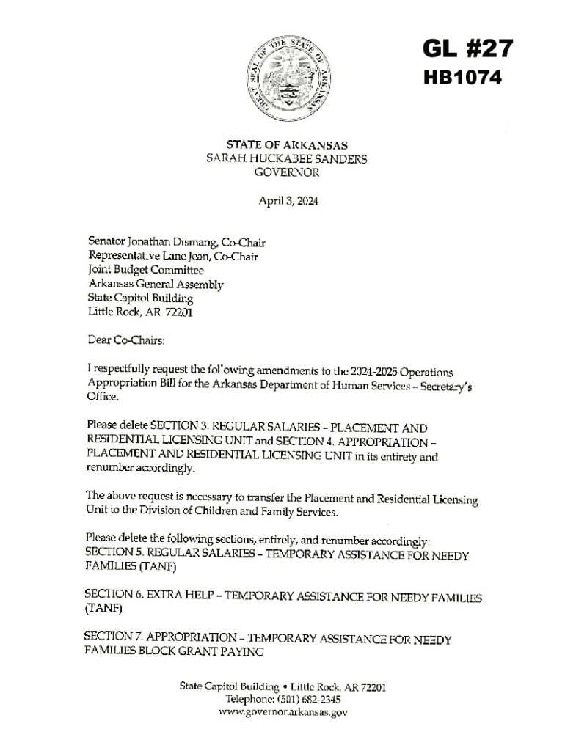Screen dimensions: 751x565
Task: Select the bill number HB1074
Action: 463,78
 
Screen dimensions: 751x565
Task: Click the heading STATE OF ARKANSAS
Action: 287,145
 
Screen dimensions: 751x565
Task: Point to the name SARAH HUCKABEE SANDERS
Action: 287,159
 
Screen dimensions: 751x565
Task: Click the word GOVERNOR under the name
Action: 287,173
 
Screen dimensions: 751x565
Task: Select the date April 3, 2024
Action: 288,201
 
